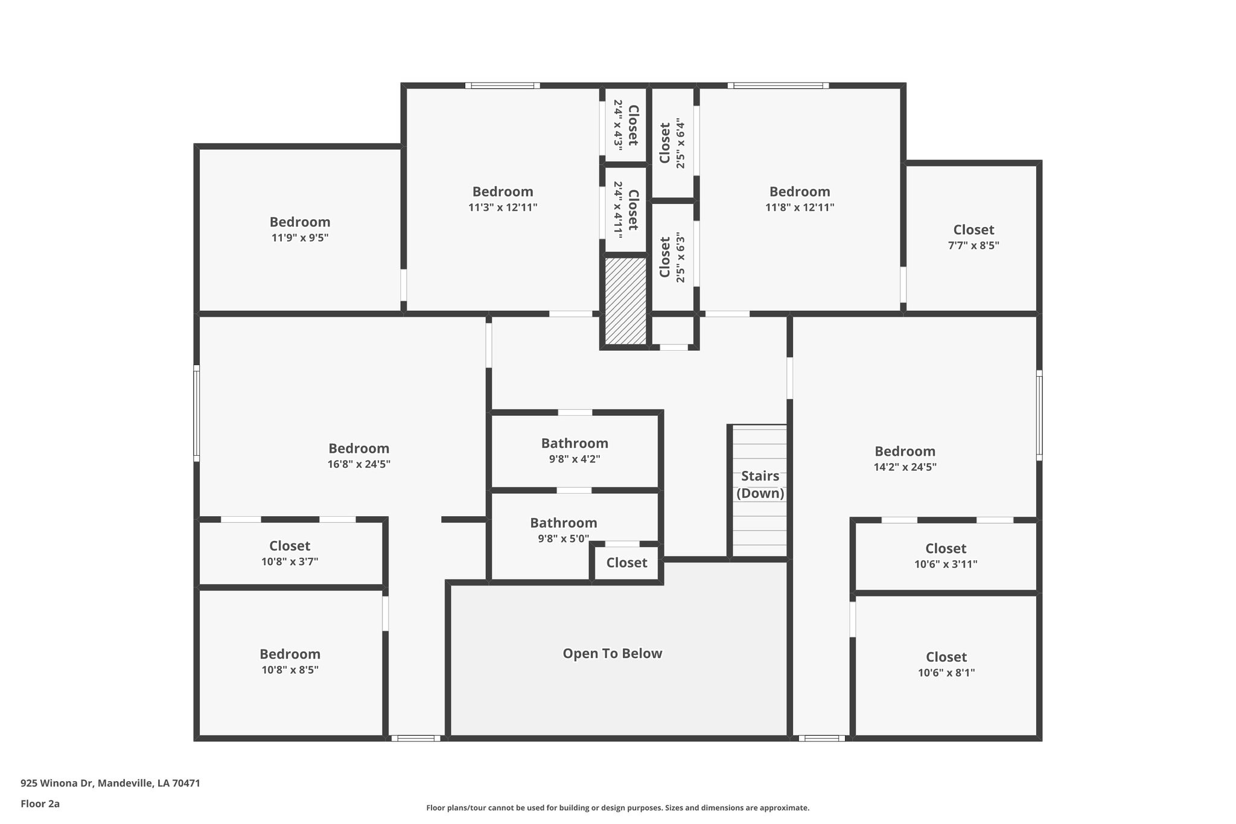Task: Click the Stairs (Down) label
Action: (x=760, y=485)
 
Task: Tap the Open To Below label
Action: (x=612, y=653)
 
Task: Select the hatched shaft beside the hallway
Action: (x=626, y=301)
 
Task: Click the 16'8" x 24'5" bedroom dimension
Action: (x=359, y=464)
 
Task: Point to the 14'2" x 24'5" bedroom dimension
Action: (x=905, y=467)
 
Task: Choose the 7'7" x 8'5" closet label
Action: (x=973, y=230)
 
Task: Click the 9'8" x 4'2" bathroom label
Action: (x=575, y=443)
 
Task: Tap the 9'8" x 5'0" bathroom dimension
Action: (x=563, y=538)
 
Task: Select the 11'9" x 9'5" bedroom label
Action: (x=300, y=222)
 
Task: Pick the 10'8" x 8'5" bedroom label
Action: (x=290, y=654)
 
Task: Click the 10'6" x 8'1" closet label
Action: (x=946, y=657)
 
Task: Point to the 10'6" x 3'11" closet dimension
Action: (x=946, y=564)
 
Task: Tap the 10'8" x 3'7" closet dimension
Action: (x=290, y=561)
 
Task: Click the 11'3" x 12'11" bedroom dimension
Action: (x=503, y=208)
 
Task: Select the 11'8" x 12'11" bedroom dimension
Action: (x=800, y=208)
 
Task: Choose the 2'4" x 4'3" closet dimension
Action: (x=618, y=124)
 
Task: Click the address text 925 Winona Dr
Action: (x=57, y=783)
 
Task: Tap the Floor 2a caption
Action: (x=40, y=803)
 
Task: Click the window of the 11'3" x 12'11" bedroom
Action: (x=502, y=86)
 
